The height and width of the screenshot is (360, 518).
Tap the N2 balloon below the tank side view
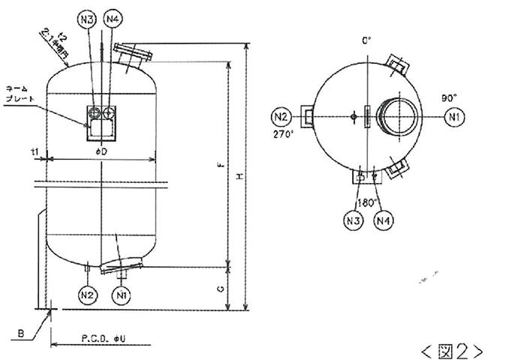coord(88,294)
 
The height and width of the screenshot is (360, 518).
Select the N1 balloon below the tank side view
coord(120,294)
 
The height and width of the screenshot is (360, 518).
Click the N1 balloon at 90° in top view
coord(453,116)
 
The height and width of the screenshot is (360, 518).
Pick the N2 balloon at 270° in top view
coord(281,116)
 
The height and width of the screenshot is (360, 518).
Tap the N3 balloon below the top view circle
coord(353,220)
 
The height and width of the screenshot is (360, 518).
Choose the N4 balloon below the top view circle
coord(384,220)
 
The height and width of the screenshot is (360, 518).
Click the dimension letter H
coord(239,175)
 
